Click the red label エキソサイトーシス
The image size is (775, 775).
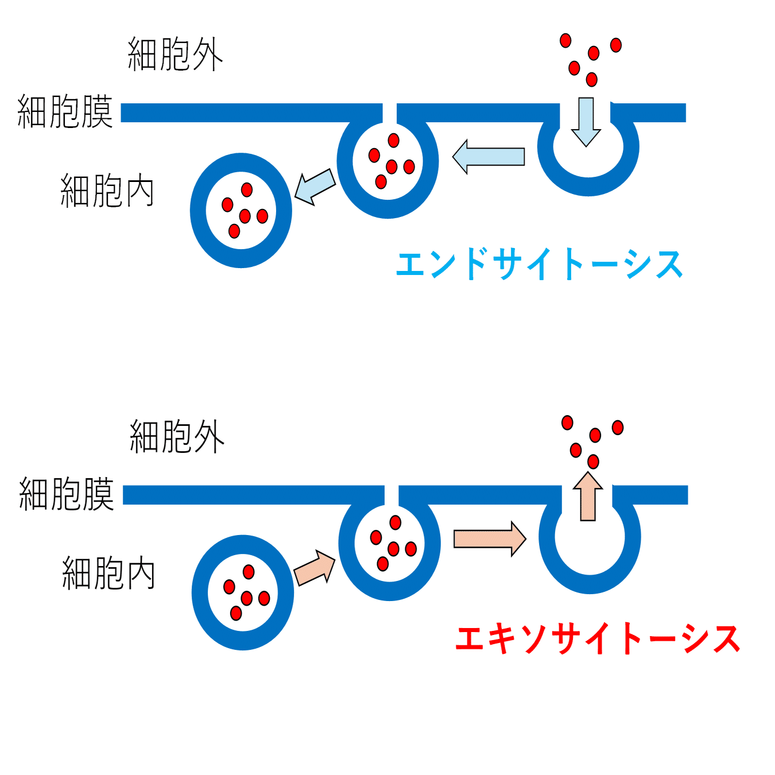point(597,638)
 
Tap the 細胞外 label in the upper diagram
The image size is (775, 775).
point(175,55)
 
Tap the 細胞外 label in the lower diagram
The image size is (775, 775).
point(177,436)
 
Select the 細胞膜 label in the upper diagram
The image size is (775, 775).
point(65,111)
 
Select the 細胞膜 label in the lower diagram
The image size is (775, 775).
point(67,494)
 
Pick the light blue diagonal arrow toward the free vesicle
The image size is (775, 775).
point(315,187)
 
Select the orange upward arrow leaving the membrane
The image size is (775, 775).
point(588,497)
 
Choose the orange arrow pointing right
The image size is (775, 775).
point(490,539)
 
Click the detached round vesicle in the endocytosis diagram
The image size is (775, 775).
point(241,210)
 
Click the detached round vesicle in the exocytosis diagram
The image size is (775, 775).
point(243,592)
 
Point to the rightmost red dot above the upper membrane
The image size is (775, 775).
point(616,45)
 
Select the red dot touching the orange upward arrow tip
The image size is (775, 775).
point(593,462)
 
